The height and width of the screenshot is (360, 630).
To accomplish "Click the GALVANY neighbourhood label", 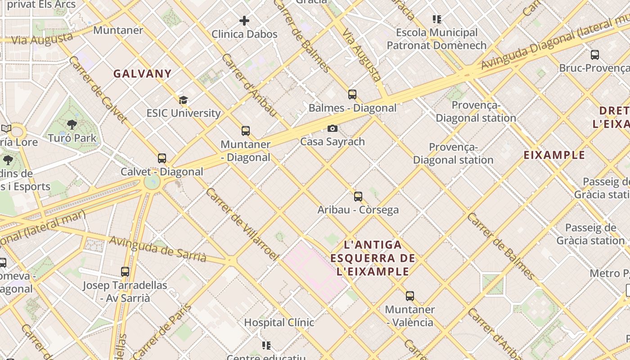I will pyautogui.click(x=142, y=74).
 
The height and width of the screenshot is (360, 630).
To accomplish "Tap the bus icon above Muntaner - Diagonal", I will pyautogui.click(x=246, y=131).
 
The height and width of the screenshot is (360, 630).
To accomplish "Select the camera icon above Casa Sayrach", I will pyautogui.click(x=333, y=129).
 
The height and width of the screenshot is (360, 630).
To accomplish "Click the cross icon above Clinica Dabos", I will pyautogui.click(x=244, y=21).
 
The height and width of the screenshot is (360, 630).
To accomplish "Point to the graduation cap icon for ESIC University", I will pyautogui.click(x=183, y=100).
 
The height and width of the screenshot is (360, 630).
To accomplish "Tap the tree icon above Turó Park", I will pyautogui.click(x=72, y=125).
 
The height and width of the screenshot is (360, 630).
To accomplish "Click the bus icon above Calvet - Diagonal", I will pyautogui.click(x=162, y=158).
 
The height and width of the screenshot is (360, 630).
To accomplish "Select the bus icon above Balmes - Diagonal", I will pyautogui.click(x=352, y=94).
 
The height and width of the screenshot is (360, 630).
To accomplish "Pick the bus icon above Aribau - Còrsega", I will pyautogui.click(x=358, y=197).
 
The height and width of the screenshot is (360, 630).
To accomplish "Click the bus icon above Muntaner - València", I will pyautogui.click(x=410, y=296).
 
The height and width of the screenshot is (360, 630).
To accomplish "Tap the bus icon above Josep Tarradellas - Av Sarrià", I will pyautogui.click(x=125, y=272).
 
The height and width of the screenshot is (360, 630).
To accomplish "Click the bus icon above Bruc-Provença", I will pyautogui.click(x=595, y=55).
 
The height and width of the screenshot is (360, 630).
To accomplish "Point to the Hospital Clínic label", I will pyautogui.click(x=279, y=322).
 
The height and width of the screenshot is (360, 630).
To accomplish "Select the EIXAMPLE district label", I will pyautogui.click(x=554, y=155).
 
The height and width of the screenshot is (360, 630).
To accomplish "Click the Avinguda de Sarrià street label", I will pyautogui.click(x=158, y=249).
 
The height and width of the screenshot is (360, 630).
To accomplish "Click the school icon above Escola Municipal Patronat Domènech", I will pyautogui.click(x=437, y=19).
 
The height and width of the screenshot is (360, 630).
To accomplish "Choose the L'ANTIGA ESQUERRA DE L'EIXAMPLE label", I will pyautogui.click(x=373, y=258).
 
